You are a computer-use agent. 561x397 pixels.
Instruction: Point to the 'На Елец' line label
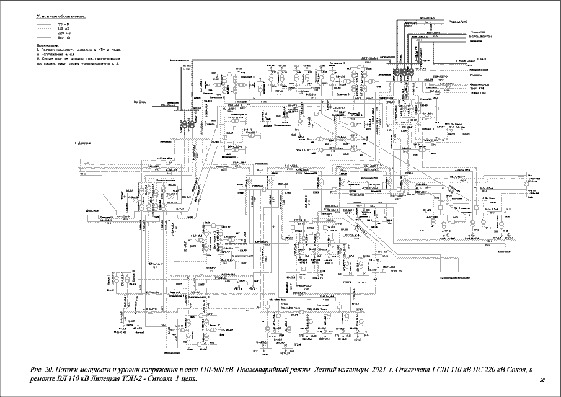140,101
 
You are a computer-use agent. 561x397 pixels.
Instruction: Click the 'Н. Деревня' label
82,143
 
